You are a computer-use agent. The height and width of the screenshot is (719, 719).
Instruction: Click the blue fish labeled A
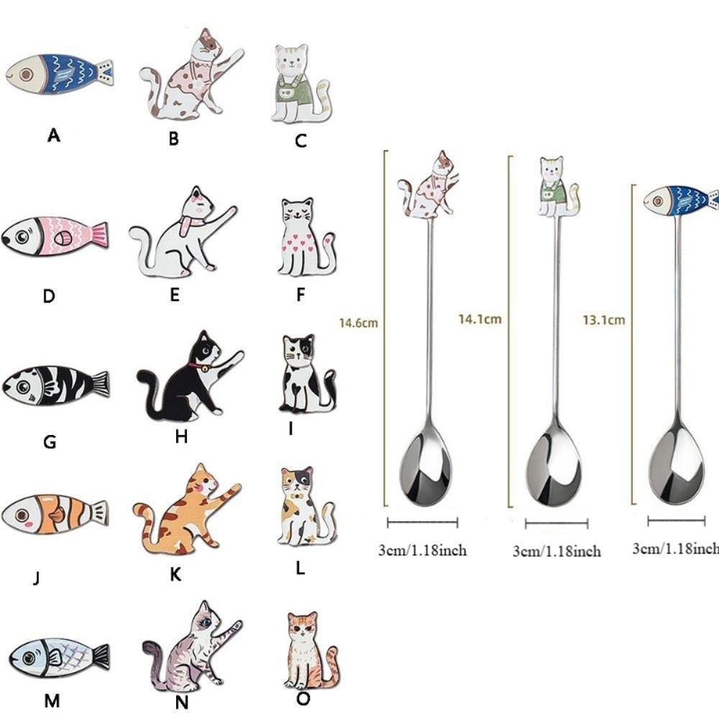coord(59,73)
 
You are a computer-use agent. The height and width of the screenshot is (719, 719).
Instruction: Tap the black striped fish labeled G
coord(56,385)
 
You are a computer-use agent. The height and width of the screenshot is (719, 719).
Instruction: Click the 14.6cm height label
coord(358,323)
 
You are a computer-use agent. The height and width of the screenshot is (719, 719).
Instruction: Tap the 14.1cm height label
coord(480,319)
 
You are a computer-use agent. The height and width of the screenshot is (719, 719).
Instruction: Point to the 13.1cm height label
coord(603,320)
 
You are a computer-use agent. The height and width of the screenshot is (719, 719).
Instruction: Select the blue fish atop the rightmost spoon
coord(680,199)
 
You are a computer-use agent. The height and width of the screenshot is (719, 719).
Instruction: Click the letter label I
coord(290,429)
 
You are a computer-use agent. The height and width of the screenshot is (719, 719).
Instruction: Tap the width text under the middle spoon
coord(556,551)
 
